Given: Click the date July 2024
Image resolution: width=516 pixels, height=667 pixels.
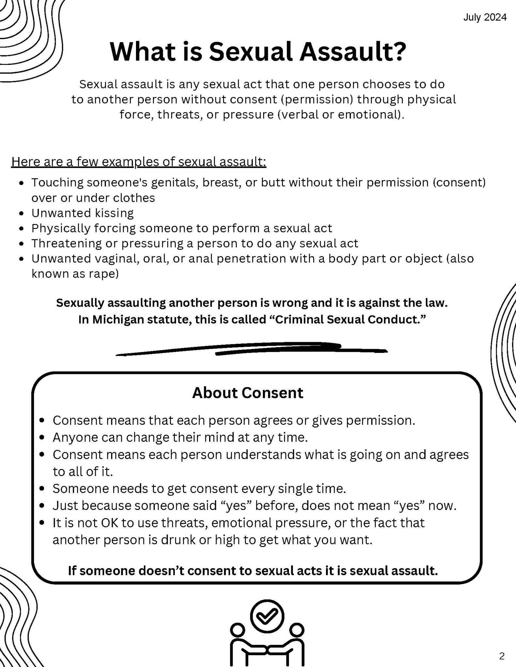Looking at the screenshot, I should (x=485, y=17).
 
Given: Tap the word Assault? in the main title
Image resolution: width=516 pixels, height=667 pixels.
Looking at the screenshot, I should (x=353, y=52).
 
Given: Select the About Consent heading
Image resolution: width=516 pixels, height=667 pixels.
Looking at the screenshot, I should (x=248, y=393).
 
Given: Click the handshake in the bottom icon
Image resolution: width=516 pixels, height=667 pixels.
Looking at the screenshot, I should (x=267, y=650).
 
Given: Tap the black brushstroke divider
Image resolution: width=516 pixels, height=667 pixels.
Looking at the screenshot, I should (x=251, y=349).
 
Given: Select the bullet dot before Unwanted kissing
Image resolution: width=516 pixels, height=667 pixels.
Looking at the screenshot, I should (x=22, y=213).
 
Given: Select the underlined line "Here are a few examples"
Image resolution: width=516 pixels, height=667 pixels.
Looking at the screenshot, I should (x=139, y=162).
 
